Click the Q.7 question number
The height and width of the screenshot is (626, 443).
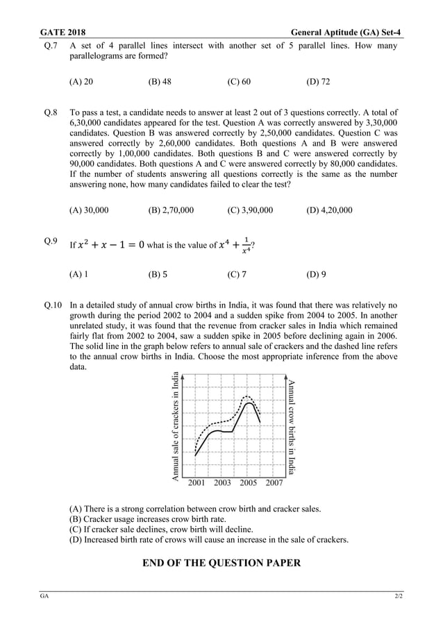pyautogui.click(x=51, y=46)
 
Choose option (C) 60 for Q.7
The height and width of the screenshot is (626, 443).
pyautogui.click(x=239, y=82)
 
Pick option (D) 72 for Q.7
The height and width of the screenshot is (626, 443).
pyautogui.click(x=318, y=82)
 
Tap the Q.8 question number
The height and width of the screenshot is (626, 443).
pyautogui.click(x=51, y=112)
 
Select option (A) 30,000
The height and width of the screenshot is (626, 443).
pyautogui.click(x=89, y=210)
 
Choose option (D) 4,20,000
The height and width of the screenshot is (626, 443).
pyautogui.click(x=329, y=210)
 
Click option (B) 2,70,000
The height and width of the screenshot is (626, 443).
pyautogui.click(x=171, y=210)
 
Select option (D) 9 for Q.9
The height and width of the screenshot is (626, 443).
pyautogui.click(x=316, y=274)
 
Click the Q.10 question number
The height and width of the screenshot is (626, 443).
pyautogui.click(x=53, y=305)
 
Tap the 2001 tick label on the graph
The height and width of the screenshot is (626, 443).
pyautogui.click(x=197, y=482)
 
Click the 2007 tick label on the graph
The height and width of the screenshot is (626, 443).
pyautogui.click(x=274, y=482)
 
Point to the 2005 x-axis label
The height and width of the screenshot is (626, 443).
pyautogui.click(x=248, y=482)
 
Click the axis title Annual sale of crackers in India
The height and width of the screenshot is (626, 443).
pyautogui.click(x=176, y=426)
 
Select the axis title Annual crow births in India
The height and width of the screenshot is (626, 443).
pyautogui.click(x=292, y=426)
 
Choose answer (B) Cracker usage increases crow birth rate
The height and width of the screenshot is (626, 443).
pyautogui.click(x=147, y=518)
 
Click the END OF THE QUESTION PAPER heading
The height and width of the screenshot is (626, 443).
pyautogui.click(x=221, y=563)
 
